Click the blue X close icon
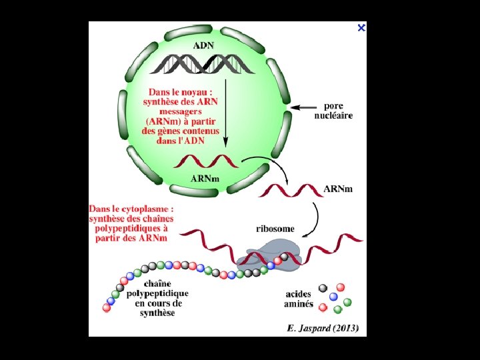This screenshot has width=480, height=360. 361,28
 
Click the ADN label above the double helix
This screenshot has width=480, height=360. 204,46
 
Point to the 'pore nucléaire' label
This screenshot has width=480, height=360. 333,111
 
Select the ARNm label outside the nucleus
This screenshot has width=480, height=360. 339,189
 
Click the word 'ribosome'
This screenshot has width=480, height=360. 275,229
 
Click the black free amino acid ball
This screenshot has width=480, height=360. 323,288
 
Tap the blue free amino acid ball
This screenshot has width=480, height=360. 333,297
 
